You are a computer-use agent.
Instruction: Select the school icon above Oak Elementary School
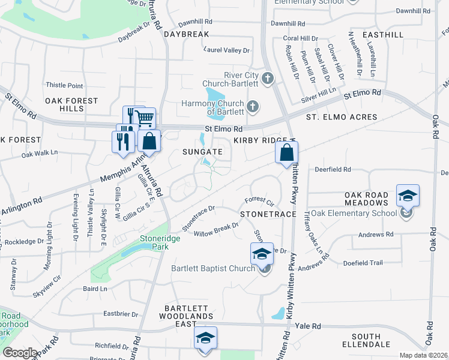(408, 196)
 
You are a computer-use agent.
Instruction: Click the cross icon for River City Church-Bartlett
(268, 79)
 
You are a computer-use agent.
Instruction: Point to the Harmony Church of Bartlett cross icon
(253, 107)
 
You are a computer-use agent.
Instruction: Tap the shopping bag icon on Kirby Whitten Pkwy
(287, 153)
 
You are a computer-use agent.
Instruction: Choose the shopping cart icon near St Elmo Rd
(145, 118)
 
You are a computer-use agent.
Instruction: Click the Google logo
(19, 353)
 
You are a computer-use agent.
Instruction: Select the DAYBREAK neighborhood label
(187, 34)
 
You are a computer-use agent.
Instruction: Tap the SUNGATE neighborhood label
(202, 152)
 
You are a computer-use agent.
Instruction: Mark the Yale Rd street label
(309, 326)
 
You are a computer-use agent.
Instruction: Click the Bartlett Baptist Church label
(213, 268)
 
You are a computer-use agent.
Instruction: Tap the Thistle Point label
(64, 86)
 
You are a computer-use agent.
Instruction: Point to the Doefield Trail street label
(363, 263)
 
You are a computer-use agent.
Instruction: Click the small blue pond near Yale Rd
(278, 313)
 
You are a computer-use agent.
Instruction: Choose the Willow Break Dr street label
(215, 229)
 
